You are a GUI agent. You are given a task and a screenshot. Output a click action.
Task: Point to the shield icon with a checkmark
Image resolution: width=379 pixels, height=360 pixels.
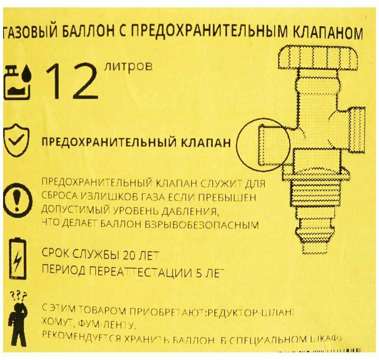coord(16,141)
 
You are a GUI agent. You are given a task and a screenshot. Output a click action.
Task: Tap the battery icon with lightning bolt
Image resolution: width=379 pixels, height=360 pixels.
coord(18,259)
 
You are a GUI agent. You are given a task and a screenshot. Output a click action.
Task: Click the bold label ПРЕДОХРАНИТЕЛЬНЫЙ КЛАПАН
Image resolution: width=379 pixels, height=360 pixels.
coord(136,143)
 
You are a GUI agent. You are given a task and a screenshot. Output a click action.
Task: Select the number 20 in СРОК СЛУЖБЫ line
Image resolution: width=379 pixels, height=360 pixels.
coord(130,255)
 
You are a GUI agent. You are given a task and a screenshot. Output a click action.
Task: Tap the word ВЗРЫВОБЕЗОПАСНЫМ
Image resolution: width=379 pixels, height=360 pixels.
coord(202,224)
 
